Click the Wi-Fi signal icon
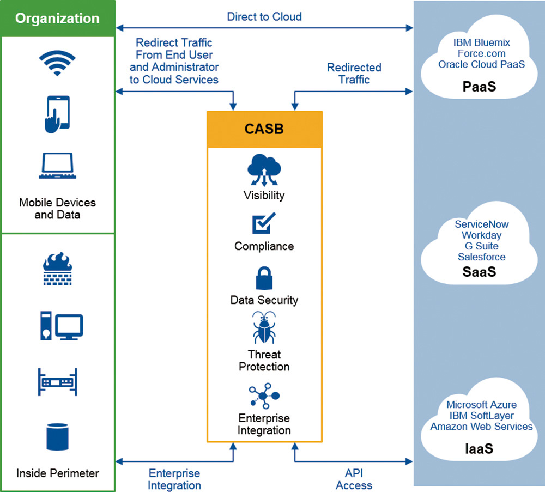57,63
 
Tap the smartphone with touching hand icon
57,114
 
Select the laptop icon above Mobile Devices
57,166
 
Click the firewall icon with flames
57,269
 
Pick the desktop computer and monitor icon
62,326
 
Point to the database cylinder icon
57,437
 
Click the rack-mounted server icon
57,382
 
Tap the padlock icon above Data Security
264,278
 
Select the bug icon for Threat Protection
264,327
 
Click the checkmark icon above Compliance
264,223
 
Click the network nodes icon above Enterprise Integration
264,396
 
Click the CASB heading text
264,129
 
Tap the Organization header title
57,19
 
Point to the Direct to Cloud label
264,17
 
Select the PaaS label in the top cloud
479,87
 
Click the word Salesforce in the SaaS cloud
482,257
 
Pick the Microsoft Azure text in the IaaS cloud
482,405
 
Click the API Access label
354,479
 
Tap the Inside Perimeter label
58,473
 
